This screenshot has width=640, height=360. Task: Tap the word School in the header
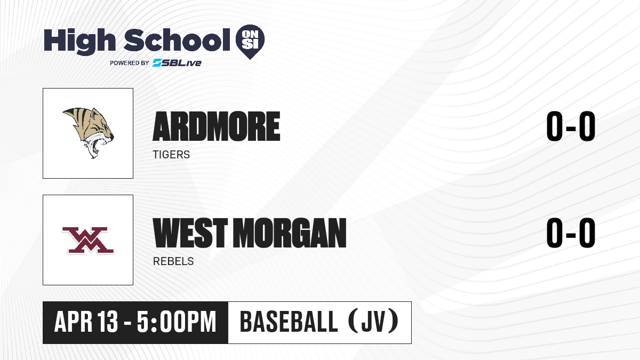177,39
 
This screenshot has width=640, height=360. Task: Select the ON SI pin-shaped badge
250,42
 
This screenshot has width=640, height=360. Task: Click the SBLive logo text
177,63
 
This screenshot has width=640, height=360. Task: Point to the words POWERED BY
130,63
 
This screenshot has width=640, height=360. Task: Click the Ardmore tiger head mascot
89,133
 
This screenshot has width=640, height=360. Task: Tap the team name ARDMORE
217,126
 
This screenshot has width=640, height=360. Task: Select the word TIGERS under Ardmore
171,155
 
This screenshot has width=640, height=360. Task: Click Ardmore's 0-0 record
571,126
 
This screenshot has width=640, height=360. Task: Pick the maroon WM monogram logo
88,240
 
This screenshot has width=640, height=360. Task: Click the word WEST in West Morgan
190,233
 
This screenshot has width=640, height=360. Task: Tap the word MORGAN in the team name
290,233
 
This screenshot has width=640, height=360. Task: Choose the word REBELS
173,261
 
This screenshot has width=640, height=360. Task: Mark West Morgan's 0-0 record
571,233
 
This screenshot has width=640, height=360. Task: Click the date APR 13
86,322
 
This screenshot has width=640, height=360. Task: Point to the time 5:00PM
177,322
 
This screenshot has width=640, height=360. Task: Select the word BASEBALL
289,322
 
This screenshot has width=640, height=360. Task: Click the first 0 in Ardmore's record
555,126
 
